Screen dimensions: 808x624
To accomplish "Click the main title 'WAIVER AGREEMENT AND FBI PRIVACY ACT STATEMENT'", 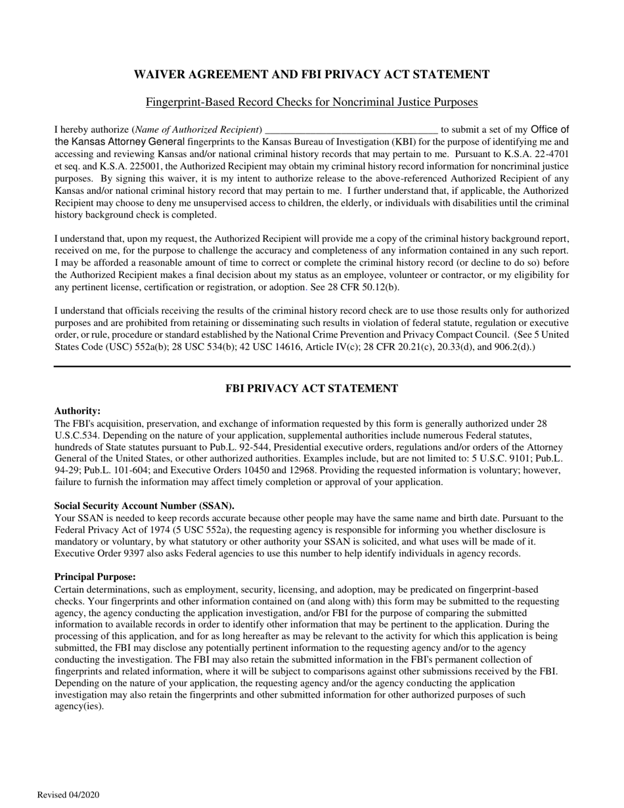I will click(x=311, y=74).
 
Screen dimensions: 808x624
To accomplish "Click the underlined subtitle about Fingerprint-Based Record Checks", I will click(x=311, y=102).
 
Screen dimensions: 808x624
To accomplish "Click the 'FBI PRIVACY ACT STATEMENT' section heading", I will click(x=311, y=388).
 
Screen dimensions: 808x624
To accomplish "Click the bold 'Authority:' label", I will click(x=77, y=411).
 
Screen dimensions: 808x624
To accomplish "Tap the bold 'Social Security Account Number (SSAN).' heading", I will click(x=144, y=506).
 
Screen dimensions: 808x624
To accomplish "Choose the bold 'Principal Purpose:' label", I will click(x=95, y=577).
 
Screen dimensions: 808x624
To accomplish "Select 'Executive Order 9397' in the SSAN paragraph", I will click(x=97, y=553).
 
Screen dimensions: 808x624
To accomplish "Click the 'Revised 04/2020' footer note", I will click(x=68, y=795).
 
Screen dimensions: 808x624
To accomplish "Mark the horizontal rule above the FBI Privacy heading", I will click(x=311, y=366).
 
